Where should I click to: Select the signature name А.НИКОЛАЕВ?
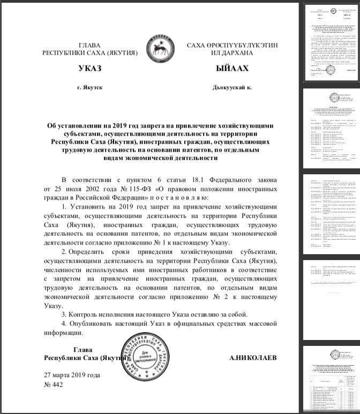click(253, 358)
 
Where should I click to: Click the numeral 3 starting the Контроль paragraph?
click(64, 314)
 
